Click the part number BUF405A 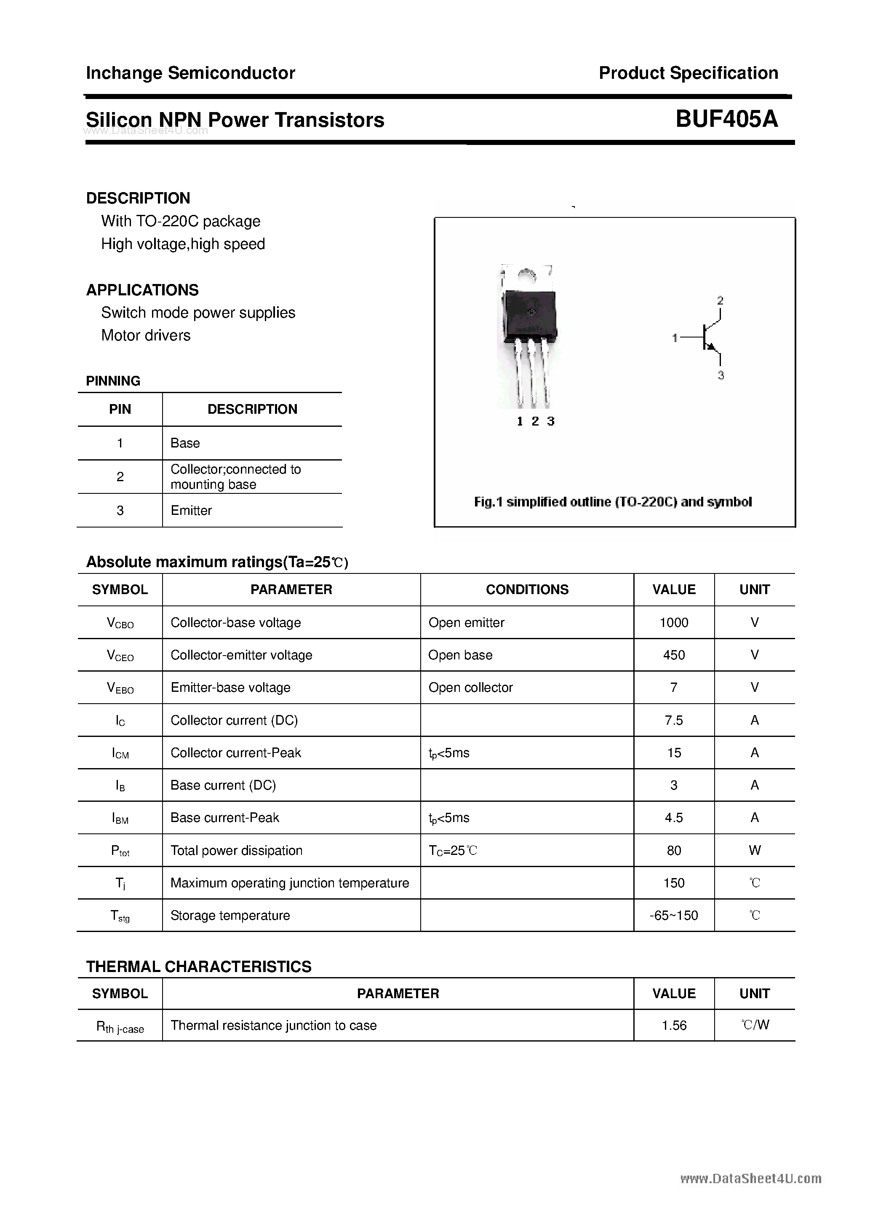pos(726,118)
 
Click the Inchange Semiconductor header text pos(190,73)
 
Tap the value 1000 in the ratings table pos(674,622)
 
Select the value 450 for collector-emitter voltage pos(674,655)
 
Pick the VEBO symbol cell pos(120,688)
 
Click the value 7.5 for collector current pos(674,720)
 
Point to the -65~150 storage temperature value pos(674,916)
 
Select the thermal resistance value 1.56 pos(674,1026)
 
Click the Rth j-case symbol pos(120,1026)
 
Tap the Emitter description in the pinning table pos(191,510)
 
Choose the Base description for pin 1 pos(185,443)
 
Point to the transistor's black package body pos(529,314)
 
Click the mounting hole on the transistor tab pos(528,276)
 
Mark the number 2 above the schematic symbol pos(721,300)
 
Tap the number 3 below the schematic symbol pos(721,375)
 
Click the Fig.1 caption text pos(613,502)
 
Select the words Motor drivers pos(146,335)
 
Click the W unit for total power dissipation pos(754,851)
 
